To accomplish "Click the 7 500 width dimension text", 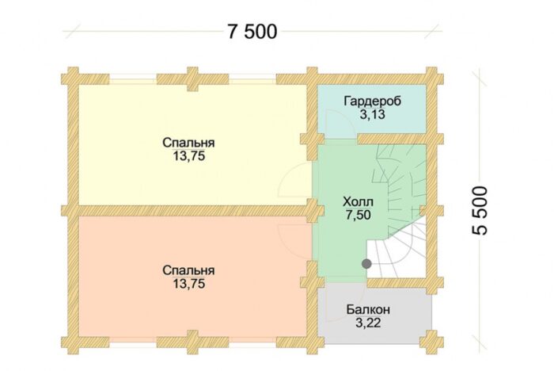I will click(x=252, y=33).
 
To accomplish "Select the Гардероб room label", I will click(x=372, y=101).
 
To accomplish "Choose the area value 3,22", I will click(x=369, y=323).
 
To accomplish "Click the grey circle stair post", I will click(x=366, y=263).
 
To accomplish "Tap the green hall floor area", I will click(x=340, y=238).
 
